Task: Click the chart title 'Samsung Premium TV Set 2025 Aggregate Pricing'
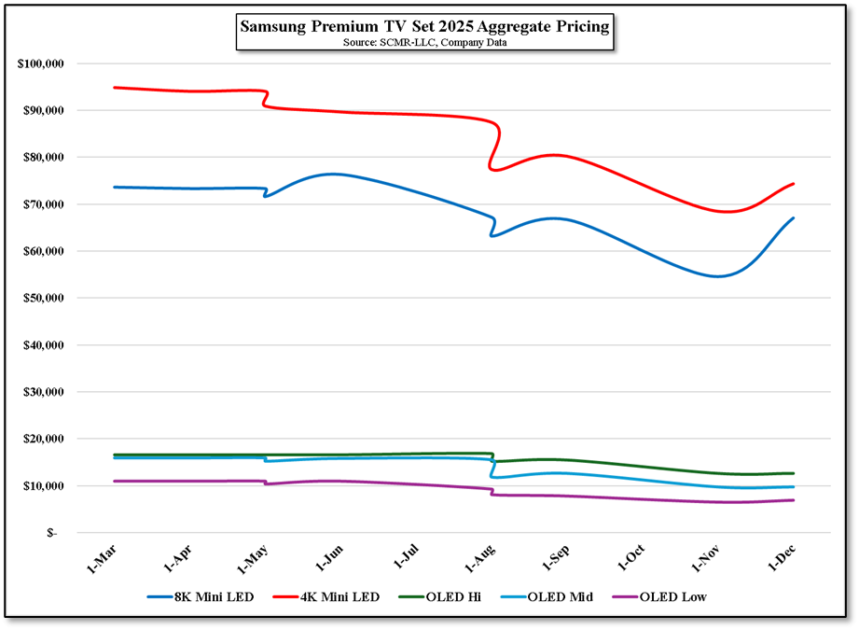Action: pyautogui.click(x=424, y=27)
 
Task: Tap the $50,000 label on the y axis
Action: pyautogui.click(x=42, y=298)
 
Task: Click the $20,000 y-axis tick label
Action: pyautogui.click(x=42, y=439)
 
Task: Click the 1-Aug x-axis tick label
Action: pyautogui.click(x=480, y=559)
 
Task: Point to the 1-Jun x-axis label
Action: pyautogui.click(x=328, y=559)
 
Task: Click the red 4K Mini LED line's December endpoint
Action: pyautogui.click(x=793, y=184)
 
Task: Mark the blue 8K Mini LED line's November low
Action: pyautogui.click(x=718, y=276)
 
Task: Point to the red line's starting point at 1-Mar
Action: pyautogui.click(x=114, y=88)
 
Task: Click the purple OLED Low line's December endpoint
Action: pyautogui.click(x=793, y=500)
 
